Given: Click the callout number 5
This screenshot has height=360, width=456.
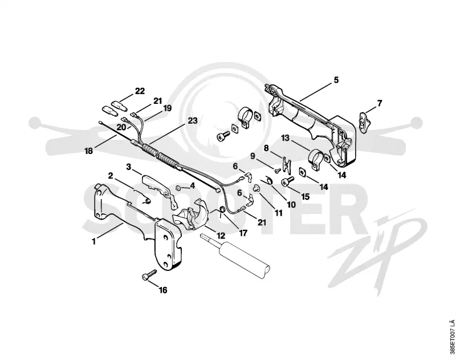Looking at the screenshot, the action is coord(336,80).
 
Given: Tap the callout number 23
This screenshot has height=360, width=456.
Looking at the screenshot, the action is coord(193,120).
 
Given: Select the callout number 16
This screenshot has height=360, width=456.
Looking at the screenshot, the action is coord(163,290).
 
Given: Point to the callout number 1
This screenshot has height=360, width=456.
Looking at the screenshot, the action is coord(93,241).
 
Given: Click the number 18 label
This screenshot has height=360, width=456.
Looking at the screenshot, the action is coord(89,151).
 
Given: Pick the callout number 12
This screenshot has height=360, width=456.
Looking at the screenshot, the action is coord(221,236).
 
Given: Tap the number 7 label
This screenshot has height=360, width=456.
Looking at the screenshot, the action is coord(380,103).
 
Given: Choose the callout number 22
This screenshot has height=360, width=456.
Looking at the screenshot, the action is coord(140,91).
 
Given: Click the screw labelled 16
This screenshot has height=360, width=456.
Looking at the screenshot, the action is coord(149,274).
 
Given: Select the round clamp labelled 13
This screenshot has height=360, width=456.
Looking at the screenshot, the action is coord(316,159).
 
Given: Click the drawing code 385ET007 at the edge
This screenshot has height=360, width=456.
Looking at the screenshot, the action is coord(451,338).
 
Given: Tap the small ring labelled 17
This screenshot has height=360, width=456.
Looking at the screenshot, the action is coord(222,209).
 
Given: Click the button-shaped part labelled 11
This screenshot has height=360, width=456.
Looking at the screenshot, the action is coord(256,188).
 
